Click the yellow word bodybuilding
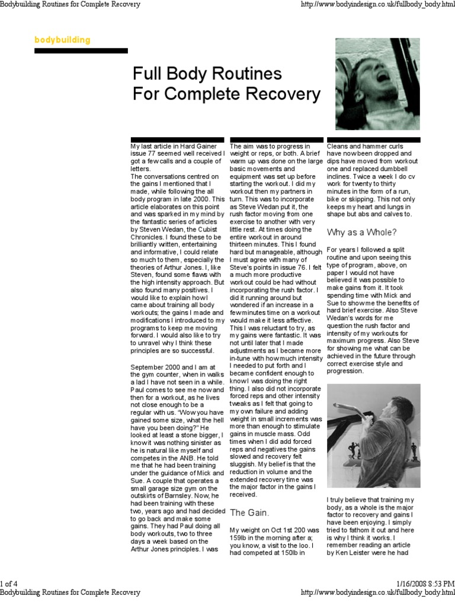[x=62, y=40]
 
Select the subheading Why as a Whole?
[x=361, y=231]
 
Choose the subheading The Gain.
[x=249, y=511]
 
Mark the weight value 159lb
[x=241, y=539]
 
